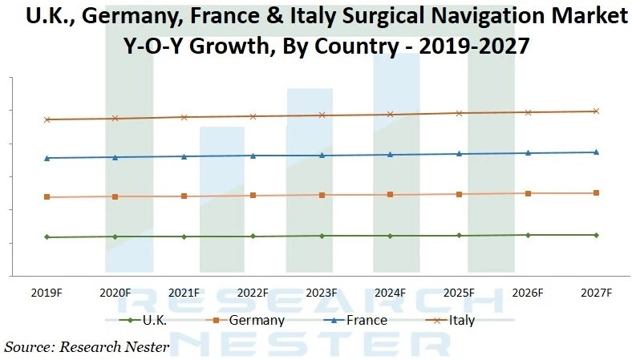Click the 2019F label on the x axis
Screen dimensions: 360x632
pyautogui.click(x=47, y=293)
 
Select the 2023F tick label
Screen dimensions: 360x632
pyautogui.click(x=322, y=293)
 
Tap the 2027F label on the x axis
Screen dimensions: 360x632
pyautogui.click(x=596, y=293)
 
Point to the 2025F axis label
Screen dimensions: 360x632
pyautogui.click(x=459, y=293)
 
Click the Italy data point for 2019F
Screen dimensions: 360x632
pyautogui.click(x=47, y=119)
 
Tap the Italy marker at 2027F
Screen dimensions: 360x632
pyautogui.click(x=596, y=111)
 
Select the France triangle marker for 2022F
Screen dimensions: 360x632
pyautogui.click(x=253, y=156)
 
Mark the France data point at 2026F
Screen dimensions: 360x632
pyautogui.click(x=528, y=153)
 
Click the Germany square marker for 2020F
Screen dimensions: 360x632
pyautogui.click(x=115, y=196)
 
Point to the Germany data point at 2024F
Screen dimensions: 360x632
pyautogui.click(x=391, y=195)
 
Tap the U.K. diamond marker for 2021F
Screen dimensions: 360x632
pyautogui.click(x=184, y=237)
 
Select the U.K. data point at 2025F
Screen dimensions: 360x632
pyautogui.click(x=459, y=236)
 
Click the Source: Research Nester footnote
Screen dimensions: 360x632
pyautogui.click(x=87, y=347)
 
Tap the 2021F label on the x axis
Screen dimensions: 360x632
pyautogui.click(x=184, y=293)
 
